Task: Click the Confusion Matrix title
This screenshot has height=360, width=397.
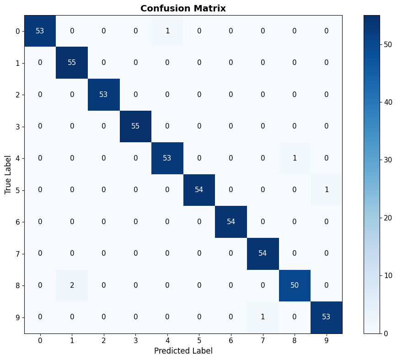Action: [183, 8]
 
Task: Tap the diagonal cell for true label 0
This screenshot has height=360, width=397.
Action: [40, 31]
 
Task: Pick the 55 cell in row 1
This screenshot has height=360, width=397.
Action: [72, 63]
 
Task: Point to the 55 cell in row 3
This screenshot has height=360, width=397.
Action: [135, 126]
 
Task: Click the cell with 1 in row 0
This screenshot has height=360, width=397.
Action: [167, 31]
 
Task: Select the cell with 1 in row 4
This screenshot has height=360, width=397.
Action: [295, 158]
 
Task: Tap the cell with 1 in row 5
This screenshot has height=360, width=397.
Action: [326, 190]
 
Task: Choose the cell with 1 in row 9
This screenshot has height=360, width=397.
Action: [263, 317]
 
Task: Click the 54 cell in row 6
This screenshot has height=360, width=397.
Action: [231, 222]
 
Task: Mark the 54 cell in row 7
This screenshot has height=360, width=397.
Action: [263, 253]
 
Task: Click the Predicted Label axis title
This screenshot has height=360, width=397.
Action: [183, 351]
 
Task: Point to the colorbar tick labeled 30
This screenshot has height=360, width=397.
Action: [388, 160]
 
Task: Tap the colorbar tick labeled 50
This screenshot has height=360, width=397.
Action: [388, 44]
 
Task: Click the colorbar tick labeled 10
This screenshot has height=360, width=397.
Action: [388, 275]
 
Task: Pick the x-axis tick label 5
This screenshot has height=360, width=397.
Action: [199, 340]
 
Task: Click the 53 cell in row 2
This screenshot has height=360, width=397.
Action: [103, 95]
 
